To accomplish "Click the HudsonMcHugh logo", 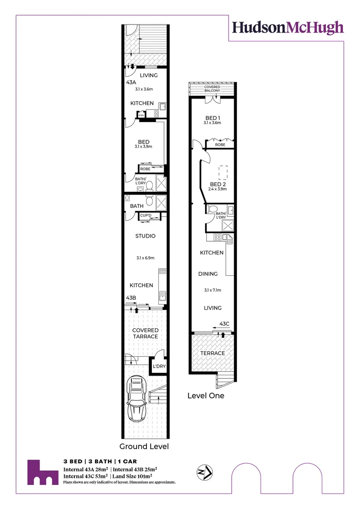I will (287, 27).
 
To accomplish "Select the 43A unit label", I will (131, 82).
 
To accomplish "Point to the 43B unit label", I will (131, 298).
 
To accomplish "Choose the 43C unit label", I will (224, 324).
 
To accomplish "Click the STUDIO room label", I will (145, 236).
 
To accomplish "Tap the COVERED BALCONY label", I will (213, 89).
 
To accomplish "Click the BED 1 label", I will (213, 118).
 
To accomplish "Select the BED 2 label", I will (218, 184).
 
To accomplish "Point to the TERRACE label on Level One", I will (213, 353).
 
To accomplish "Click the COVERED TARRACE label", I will (145, 333).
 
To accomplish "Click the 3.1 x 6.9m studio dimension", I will (145, 258).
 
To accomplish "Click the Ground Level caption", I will (144, 446).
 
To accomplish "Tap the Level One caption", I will (206, 395).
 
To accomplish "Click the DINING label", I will (208, 274).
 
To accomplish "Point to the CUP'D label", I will (146, 216).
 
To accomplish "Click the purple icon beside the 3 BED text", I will (41, 472).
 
